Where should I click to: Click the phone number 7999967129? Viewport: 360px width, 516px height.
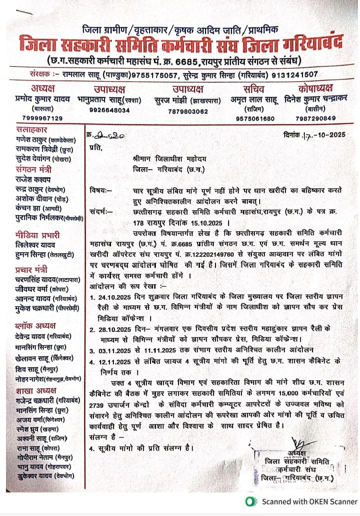42,118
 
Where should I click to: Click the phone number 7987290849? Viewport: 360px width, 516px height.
315,118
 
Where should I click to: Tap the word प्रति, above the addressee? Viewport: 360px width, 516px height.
95,147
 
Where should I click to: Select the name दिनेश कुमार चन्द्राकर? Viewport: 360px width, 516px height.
316,98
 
